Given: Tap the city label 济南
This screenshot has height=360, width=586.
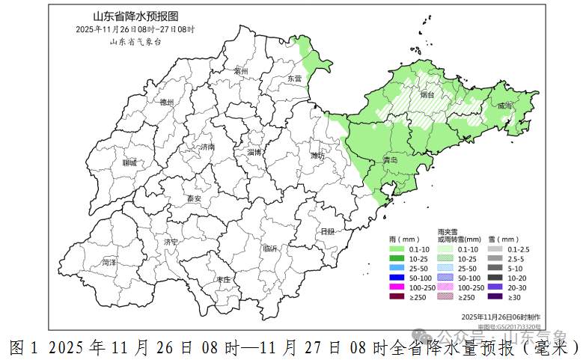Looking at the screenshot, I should pyautogui.click(x=207, y=147).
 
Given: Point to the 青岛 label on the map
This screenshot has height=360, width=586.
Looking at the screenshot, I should pyautogui.click(x=390, y=160).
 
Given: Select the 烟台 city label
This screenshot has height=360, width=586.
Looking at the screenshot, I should pyautogui.click(x=427, y=95).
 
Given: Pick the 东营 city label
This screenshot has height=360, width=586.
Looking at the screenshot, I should pyautogui.click(x=294, y=79).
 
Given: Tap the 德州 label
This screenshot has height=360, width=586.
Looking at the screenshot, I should pyautogui.click(x=167, y=103).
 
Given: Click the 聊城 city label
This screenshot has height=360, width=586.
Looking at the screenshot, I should pyautogui.click(x=129, y=162).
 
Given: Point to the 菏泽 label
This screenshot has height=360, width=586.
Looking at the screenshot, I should pyautogui.click(x=109, y=263).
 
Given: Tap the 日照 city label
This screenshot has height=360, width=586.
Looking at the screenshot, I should pyautogui.click(x=327, y=232).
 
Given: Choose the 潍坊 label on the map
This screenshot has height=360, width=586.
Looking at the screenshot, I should pyautogui.click(x=317, y=156).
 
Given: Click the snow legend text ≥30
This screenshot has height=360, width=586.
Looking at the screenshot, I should pyautogui.click(x=513, y=297).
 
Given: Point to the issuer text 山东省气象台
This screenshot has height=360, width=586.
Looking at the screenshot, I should pyautogui.click(x=135, y=42).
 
